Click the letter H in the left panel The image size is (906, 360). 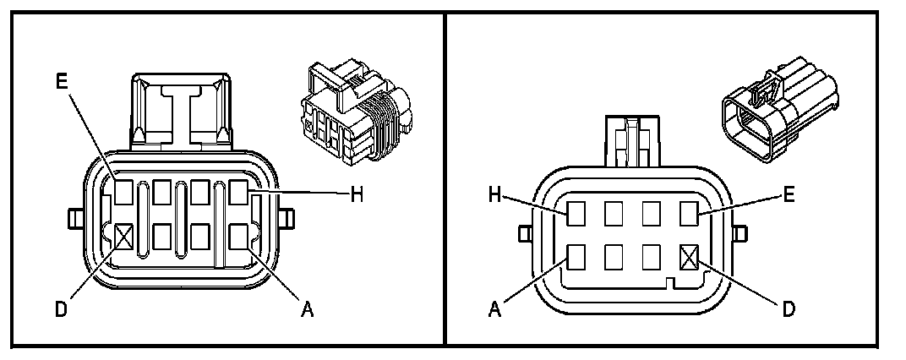pyautogui.click(x=357, y=194)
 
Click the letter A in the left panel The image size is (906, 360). pyautogui.click(x=308, y=309)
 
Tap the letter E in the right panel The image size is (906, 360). pyautogui.click(x=788, y=194)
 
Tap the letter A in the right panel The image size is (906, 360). pyautogui.click(x=495, y=309)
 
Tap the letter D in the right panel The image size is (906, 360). pyautogui.click(x=789, y=309)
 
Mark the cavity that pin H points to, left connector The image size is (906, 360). pyautogui.click(x=239, y=194)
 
